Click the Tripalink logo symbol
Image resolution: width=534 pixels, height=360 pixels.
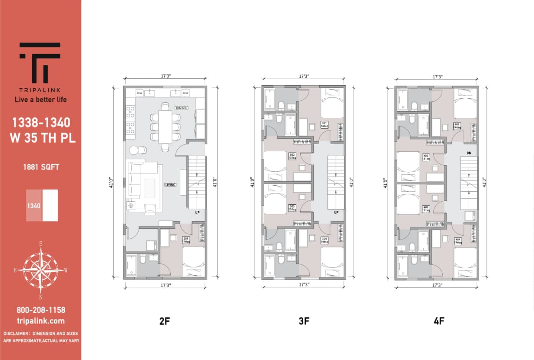coord(40,63)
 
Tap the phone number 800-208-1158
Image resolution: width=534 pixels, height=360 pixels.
coord(41,310)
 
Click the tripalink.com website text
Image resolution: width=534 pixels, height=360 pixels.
coord(41,321)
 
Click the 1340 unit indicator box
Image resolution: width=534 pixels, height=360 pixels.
coord(34,205)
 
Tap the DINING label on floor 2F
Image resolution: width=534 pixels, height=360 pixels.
coord(182,108)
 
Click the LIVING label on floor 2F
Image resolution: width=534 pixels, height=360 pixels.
coord(170,185)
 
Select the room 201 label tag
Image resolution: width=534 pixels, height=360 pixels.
coord(186,240)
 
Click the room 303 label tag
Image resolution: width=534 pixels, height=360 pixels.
coord(292,207)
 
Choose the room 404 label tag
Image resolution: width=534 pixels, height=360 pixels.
coord(458,241)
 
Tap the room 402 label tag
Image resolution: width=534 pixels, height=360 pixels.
coord(426,157)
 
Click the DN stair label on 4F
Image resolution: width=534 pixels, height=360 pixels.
coord(469,153)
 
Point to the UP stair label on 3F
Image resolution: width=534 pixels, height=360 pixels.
coord(336,213)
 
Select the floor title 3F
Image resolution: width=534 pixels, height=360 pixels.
coord(304,321)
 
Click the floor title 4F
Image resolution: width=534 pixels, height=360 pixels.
coord(439,321)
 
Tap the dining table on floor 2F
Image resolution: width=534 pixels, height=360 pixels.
coord(165,127)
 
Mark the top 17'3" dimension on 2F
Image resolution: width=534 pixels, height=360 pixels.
coord(165,76)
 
